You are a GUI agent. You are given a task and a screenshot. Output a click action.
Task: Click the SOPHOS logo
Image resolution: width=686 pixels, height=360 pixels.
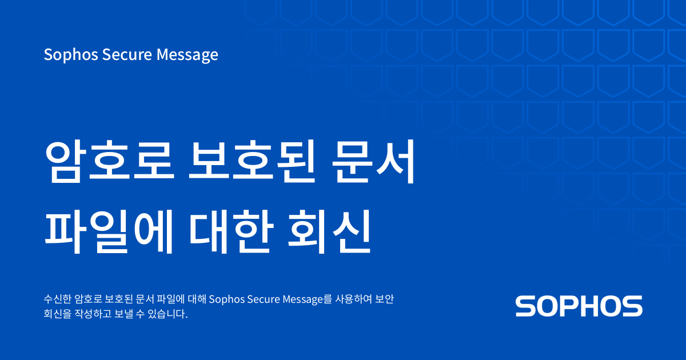579,306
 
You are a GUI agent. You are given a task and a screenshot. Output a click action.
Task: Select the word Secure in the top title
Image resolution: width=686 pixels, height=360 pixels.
120,55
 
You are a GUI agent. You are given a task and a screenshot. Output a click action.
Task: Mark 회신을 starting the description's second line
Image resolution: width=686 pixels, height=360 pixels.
57,314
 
